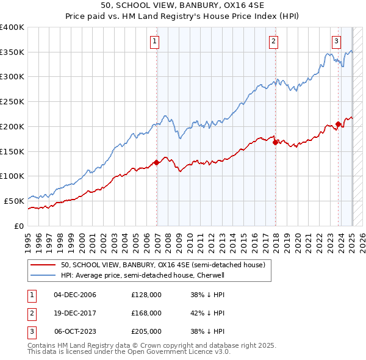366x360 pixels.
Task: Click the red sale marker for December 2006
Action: pos(157,162)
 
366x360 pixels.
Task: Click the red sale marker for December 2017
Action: pos(275,142)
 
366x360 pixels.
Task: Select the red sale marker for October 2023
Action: pos(338,124)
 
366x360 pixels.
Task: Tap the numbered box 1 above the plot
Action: pos(155,41)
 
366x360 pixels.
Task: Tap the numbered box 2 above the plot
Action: pos(273,41)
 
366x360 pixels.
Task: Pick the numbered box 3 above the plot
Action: pos(336,41)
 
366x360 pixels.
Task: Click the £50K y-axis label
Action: pos(15,201)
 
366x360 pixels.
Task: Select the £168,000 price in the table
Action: pos(146,313)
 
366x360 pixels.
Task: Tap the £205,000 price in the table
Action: pos(146,331)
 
